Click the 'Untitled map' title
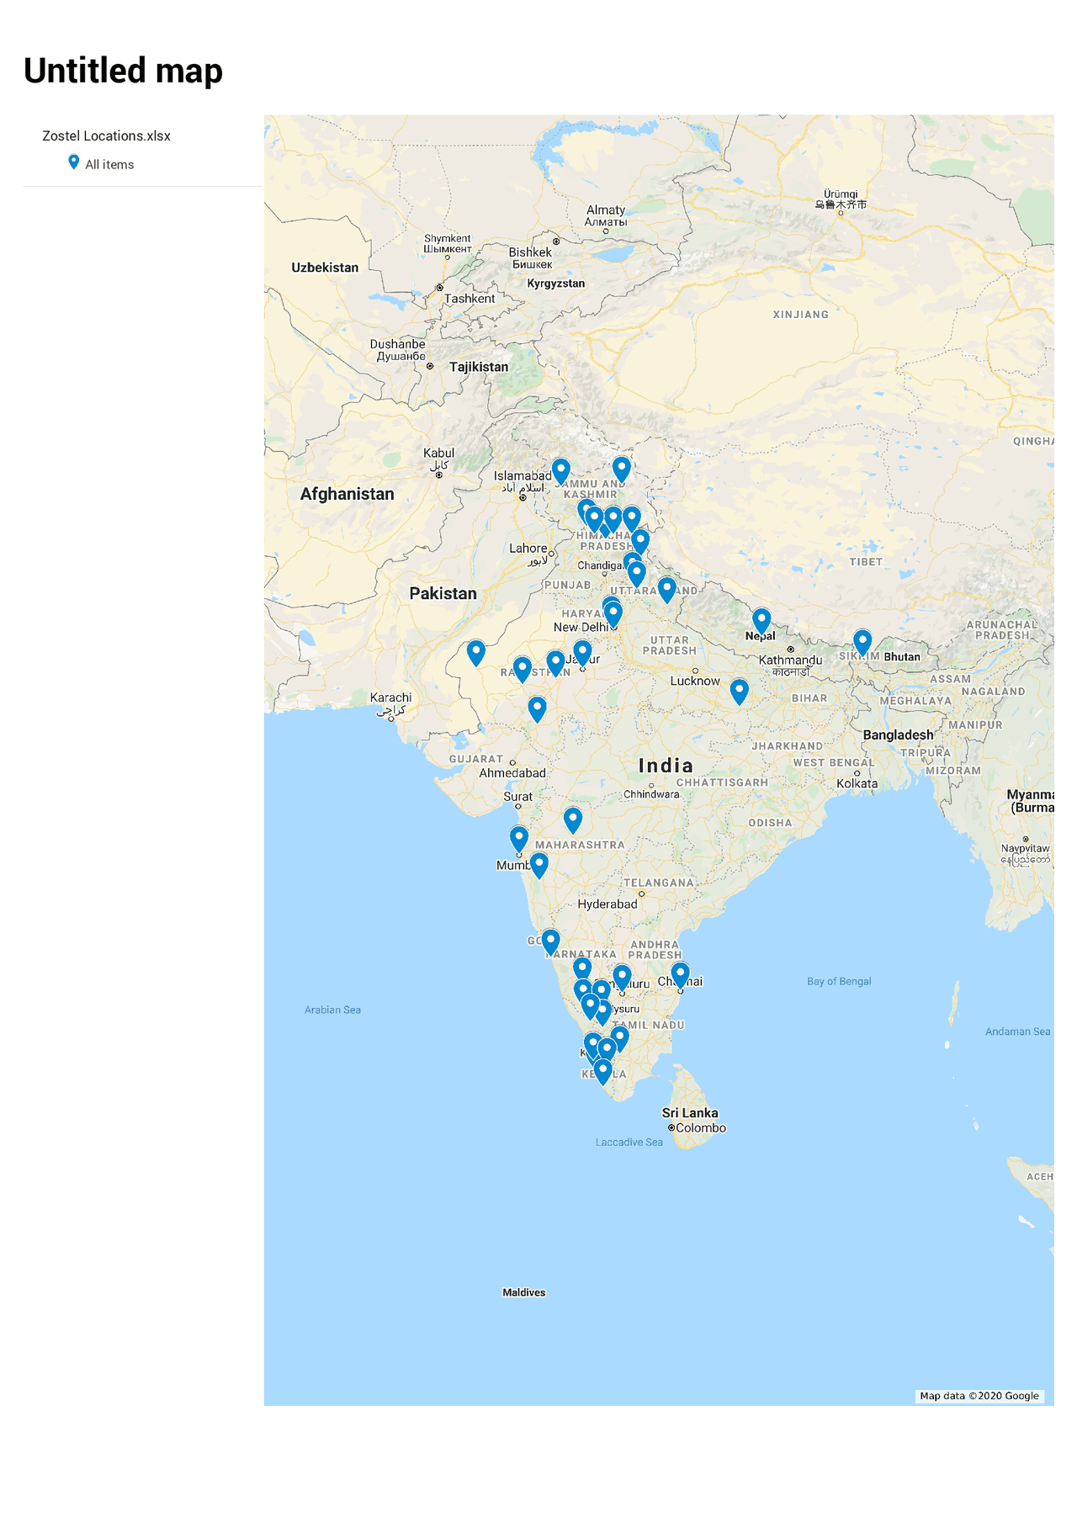pos(123,71)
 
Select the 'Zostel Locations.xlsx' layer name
pos(106,135)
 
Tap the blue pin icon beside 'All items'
pos(74,162)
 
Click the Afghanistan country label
pos(347,494)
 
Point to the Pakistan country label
pos(443,593)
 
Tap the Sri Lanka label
pos(690,1112)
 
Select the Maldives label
pos(523,1292)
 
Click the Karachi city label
pos(390,697)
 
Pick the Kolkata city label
pos(857,783)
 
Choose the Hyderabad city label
pos(607,904)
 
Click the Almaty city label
pos(606,209)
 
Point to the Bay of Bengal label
pos(839,981)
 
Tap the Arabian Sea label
pos(332,1010)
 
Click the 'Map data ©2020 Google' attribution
pos(979,1396)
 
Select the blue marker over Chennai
pos(680,975)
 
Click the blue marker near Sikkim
pos(862,642)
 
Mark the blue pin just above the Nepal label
pos(761,621)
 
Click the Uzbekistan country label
pos(325,268)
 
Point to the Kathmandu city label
pos(790,660)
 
